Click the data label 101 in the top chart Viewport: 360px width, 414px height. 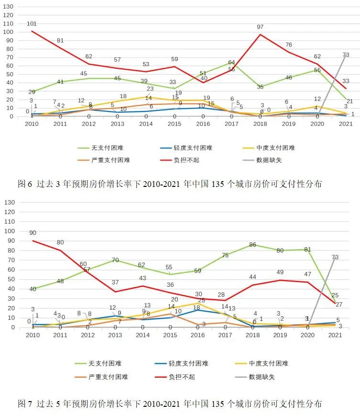(x=32, y=23)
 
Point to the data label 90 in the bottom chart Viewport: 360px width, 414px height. (x=32, y=233)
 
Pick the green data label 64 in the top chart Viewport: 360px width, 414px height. (x=231, y=63)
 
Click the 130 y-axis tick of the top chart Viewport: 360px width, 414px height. (x=8, y=7)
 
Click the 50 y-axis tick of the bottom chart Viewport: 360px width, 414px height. (x=10, y=279)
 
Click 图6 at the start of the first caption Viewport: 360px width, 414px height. (x=24, y=184)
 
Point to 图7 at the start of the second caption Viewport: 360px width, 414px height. (x=24, y=403)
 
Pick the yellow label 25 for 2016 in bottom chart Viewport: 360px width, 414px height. (x=201, y=301)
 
